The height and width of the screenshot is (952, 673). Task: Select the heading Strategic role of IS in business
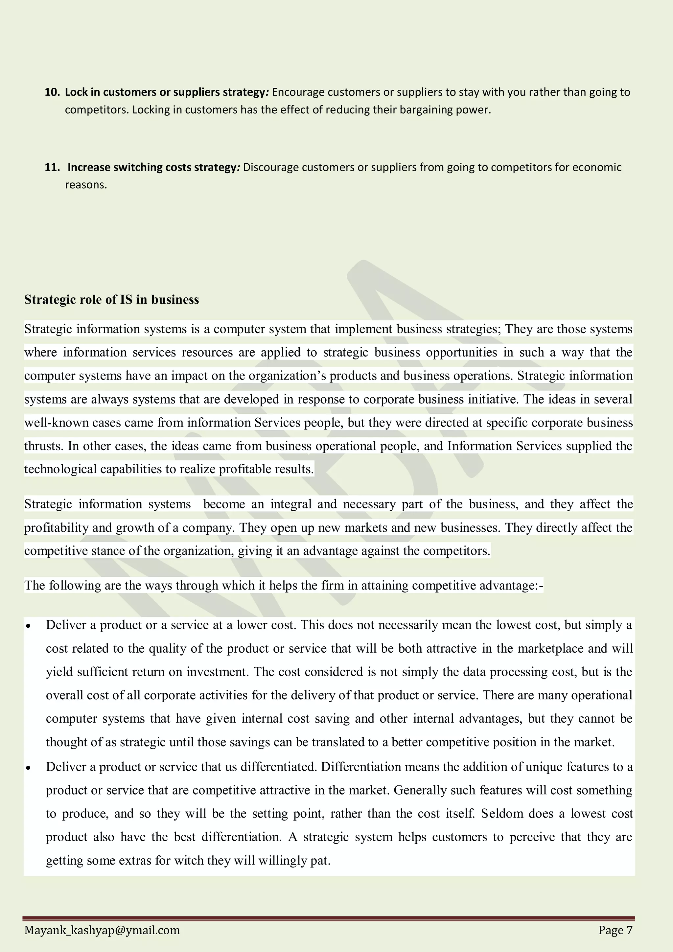(x=111, y=299)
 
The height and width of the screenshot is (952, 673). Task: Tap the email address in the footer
(x=102, y=930)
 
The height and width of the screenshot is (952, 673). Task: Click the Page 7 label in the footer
(x=615, y=930)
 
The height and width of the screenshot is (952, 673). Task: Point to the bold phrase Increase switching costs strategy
(x=152, y=167)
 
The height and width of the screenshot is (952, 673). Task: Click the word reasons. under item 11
(x=86, y=185)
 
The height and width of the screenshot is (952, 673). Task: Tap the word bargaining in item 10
(x=426, y=110)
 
